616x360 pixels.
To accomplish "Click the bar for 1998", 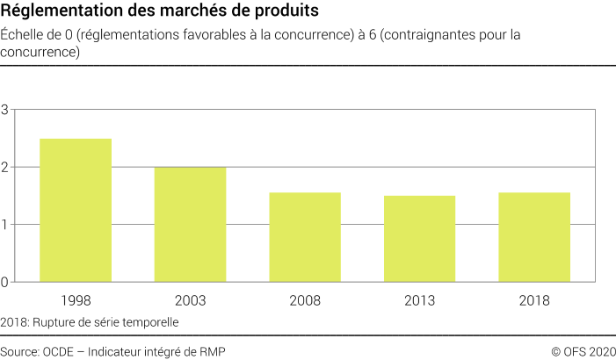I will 76,211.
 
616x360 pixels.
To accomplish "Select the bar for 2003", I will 190,225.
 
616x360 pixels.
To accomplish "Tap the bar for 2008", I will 305,237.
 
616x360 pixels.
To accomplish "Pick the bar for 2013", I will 419,239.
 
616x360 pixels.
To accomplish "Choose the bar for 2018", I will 534,237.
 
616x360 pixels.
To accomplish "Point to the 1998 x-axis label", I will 76,300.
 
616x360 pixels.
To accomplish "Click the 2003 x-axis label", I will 190,300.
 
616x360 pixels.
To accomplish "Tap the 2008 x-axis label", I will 305,300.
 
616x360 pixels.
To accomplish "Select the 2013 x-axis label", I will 419,300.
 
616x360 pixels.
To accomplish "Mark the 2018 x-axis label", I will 534,300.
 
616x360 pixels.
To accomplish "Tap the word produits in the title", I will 279,11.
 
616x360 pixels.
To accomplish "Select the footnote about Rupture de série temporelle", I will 90,322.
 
